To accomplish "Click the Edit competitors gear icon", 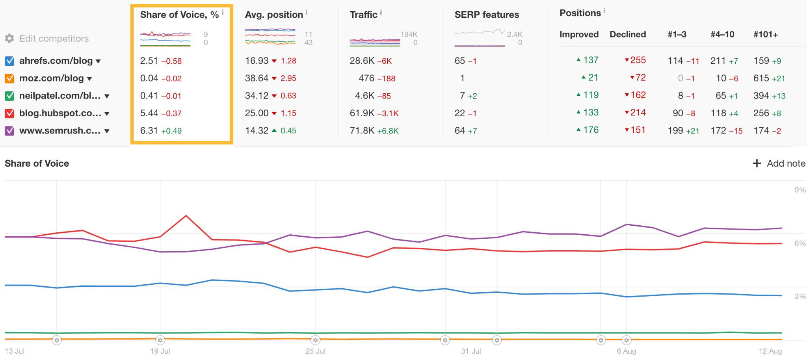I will pyautogui.click(x=9, y=38).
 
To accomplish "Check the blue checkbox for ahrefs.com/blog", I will pyautogui.click(x=9, y=61).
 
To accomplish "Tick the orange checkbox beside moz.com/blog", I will pyautogui.click(x=9, y=78).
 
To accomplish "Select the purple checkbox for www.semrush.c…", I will pyautogui.click(x=9, y=131).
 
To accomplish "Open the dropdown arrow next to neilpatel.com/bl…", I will pyautogui.click(x=107, y=96).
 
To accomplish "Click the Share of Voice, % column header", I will pyautogui.click(x=179, y=15).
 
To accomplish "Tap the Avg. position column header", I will pyautogui.click(x=274, y=15).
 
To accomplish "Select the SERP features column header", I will pyautogui.click(x=487, y=15).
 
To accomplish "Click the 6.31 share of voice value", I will pyautogui.click(x=149, y=130).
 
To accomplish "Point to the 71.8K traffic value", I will pyautogui.click(x=362, y=130).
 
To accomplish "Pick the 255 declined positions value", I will pyautogui.click(x=638, y=60).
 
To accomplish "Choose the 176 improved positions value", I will pyautogui.click(x=591, y=130).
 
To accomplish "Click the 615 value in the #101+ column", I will pyautogui.click(x=761, y=78).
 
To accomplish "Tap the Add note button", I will pyautogui.click(x=779, y=163).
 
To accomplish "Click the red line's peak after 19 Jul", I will pyautogui.click(x=186, y=216).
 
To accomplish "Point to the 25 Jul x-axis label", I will pyautogui.click(x=316, y=351).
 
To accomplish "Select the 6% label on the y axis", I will pyautogui.click(x=800, y=243).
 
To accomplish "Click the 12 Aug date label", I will pyautogui.click(x=770, y=351).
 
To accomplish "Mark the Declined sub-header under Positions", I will pyautogui.click(x=627, y=34).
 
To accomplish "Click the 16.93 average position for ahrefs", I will pyautogui.click(x=257, y=61).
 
